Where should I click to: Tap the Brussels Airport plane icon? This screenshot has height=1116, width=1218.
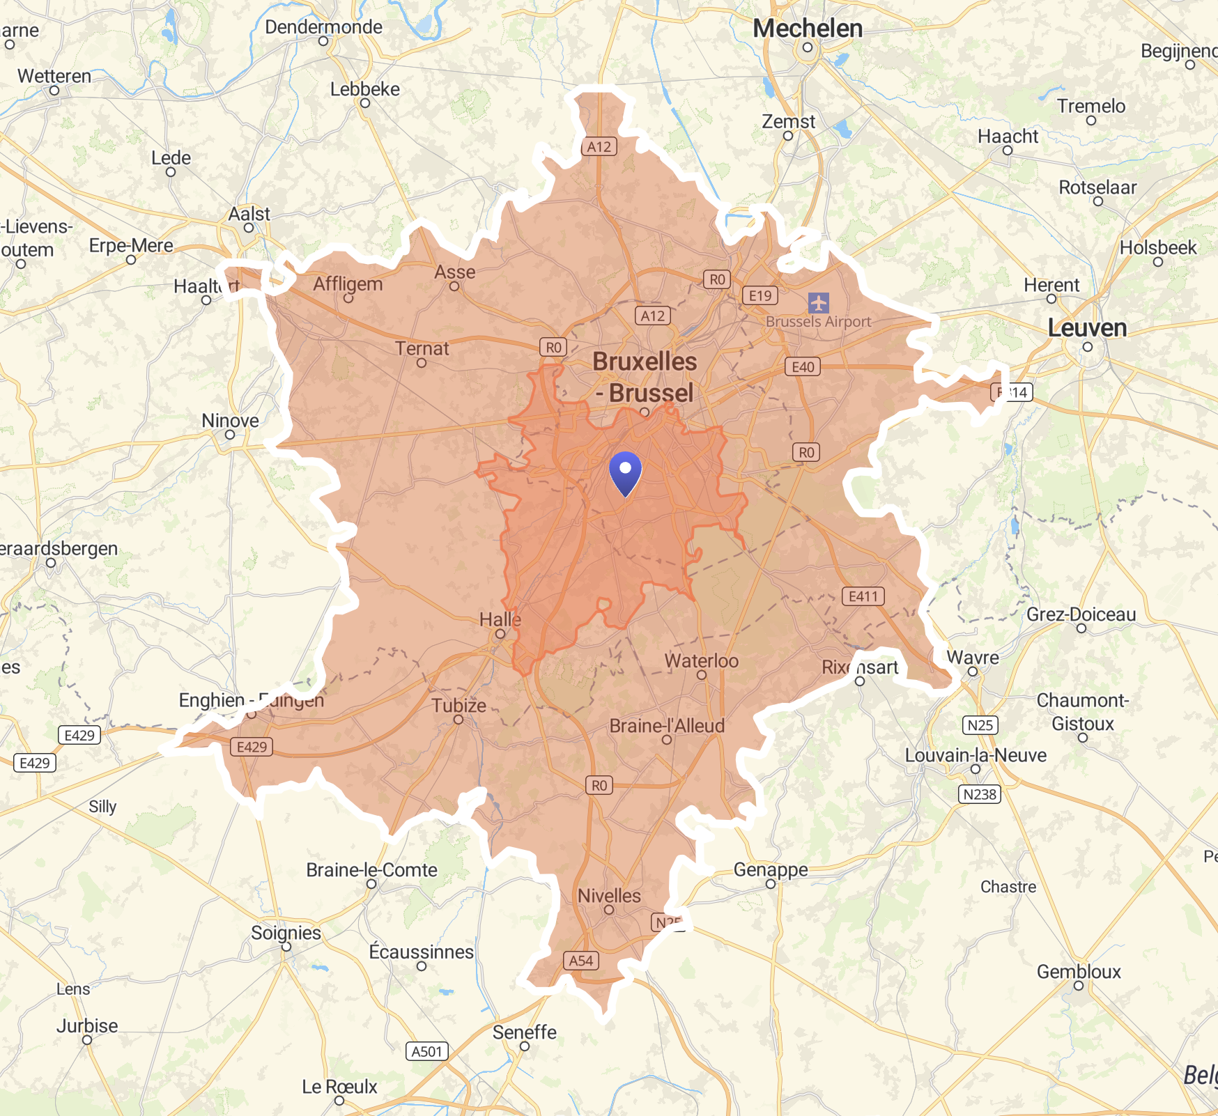[818, 303]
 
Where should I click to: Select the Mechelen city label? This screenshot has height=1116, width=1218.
[808, 29]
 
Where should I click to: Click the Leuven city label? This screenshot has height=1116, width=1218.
[1087, 328]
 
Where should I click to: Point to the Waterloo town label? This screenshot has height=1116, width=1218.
[701, 660]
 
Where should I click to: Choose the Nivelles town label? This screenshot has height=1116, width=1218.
[609, 896]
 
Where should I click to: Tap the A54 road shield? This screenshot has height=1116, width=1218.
[580, 961]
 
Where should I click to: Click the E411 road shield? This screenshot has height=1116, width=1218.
[863, 596]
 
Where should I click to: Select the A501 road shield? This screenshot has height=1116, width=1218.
[426, 1051]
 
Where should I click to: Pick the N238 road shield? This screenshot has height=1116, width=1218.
[980, 794]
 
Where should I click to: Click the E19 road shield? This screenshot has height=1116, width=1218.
[760, 295]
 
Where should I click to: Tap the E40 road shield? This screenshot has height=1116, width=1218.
[803, 367]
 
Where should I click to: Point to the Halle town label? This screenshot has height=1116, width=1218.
[500, 619]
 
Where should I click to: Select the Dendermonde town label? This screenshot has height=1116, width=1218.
[323, 27]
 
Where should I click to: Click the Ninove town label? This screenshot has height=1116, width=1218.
[230, 421]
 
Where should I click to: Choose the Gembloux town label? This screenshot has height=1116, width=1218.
[1079, 972]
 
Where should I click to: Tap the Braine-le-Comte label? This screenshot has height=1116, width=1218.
[371, 870]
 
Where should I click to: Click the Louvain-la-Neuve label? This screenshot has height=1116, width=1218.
[976, 755]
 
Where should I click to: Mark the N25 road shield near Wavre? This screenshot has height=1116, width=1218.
[980, 725]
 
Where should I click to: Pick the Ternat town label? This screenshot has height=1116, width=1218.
[422, 348]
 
